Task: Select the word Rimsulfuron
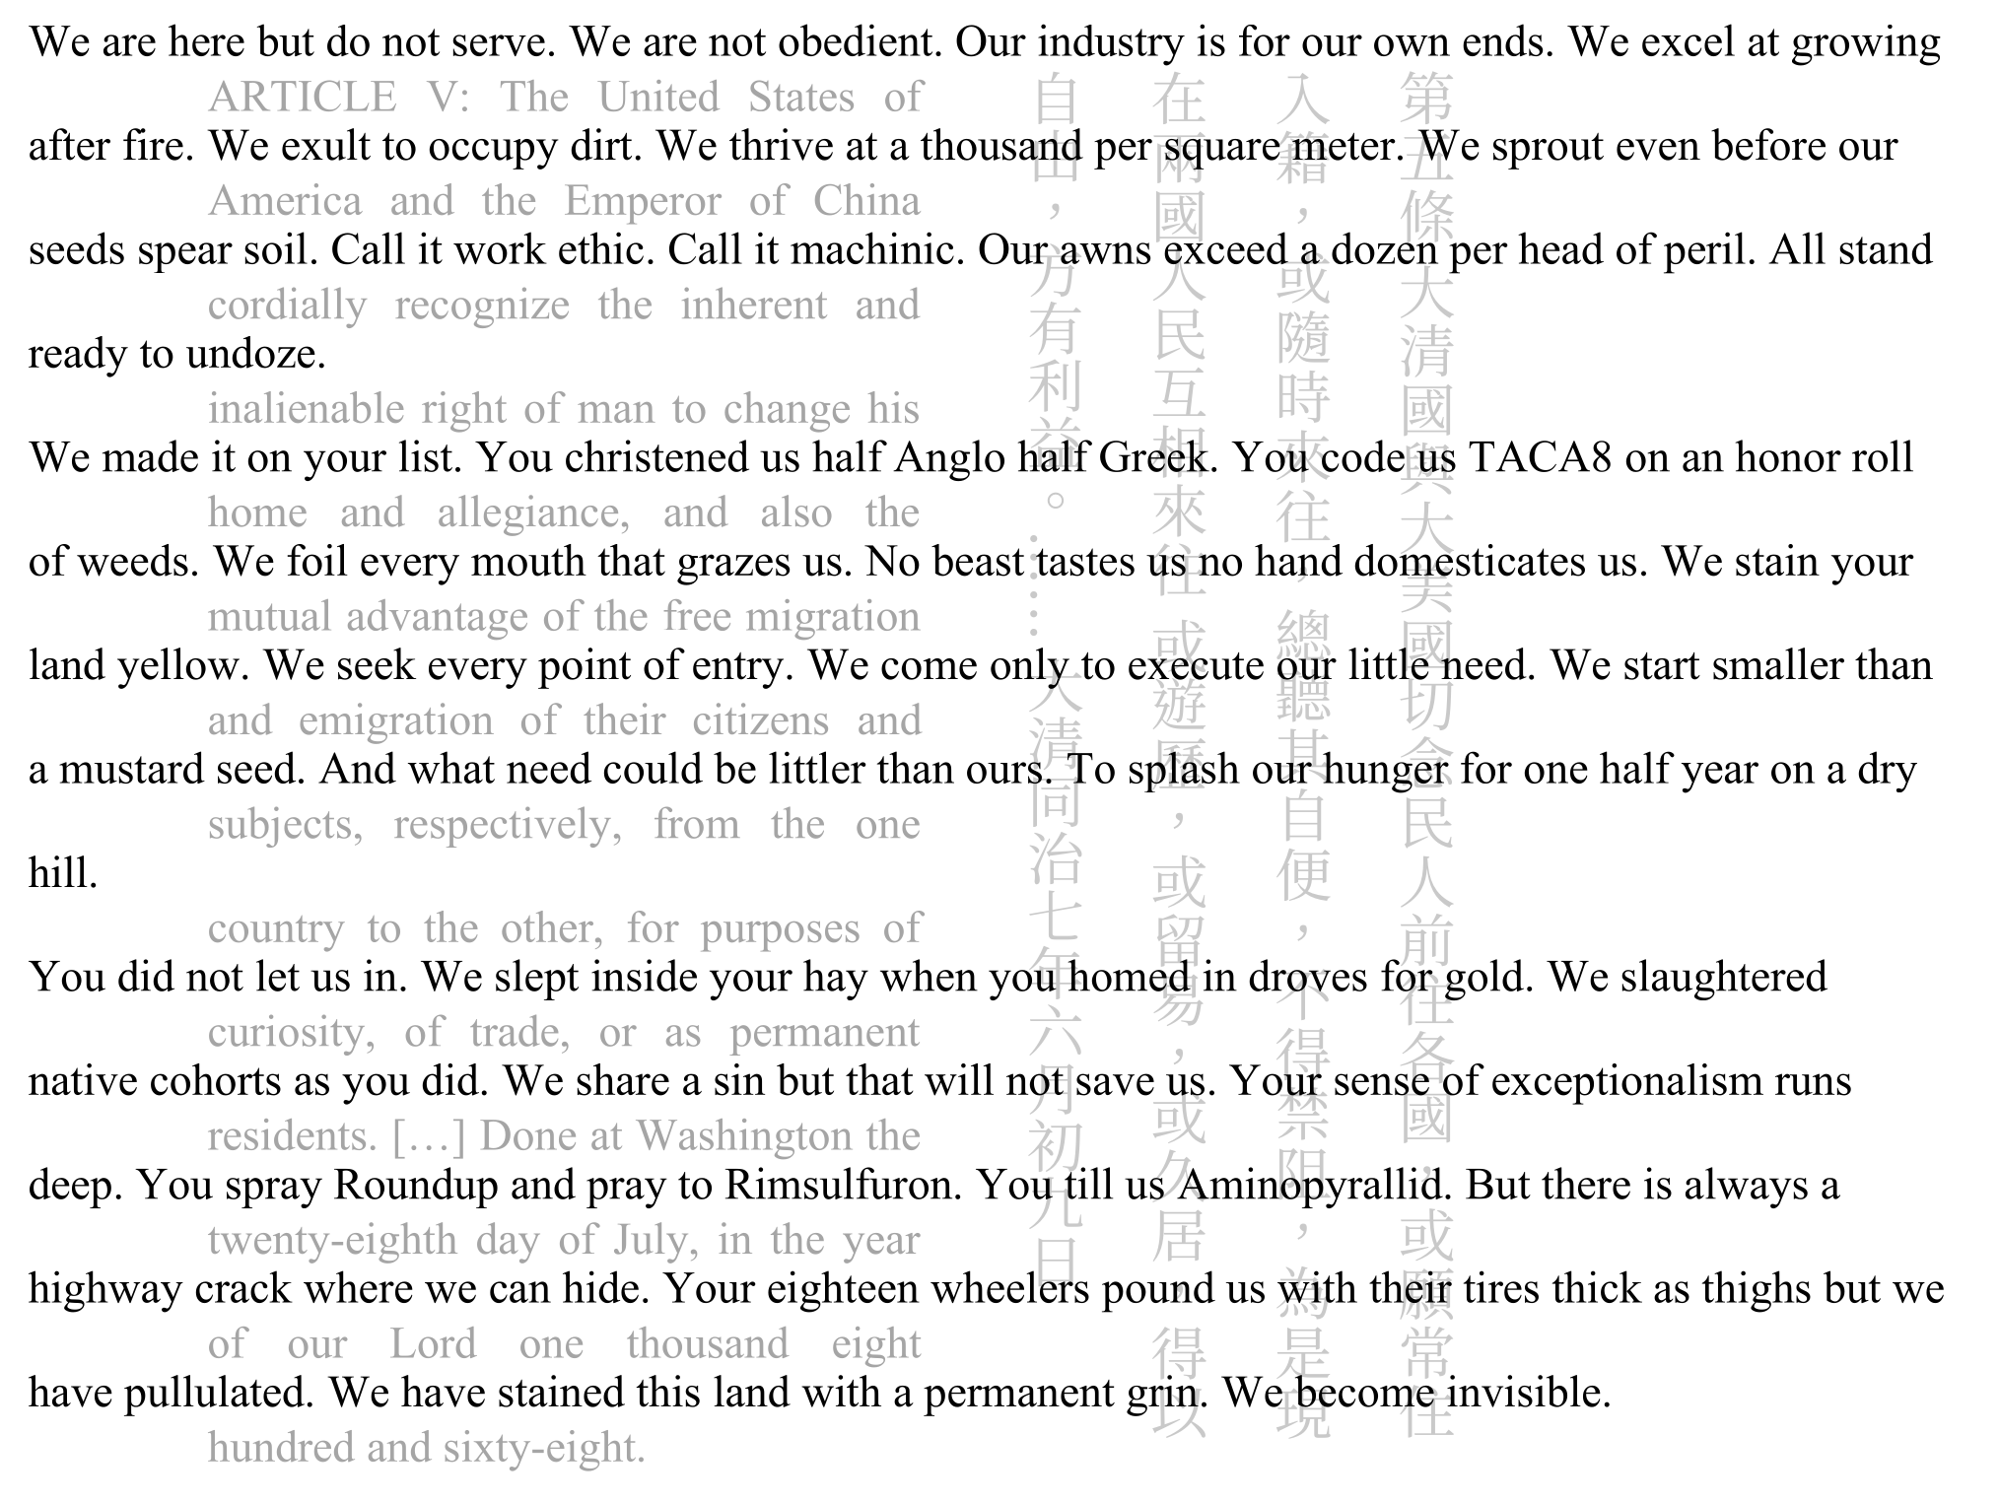click(843, 1185)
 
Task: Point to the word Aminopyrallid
click(1316, 1185)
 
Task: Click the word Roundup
click(416, 1185)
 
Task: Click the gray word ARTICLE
click(302, 98)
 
